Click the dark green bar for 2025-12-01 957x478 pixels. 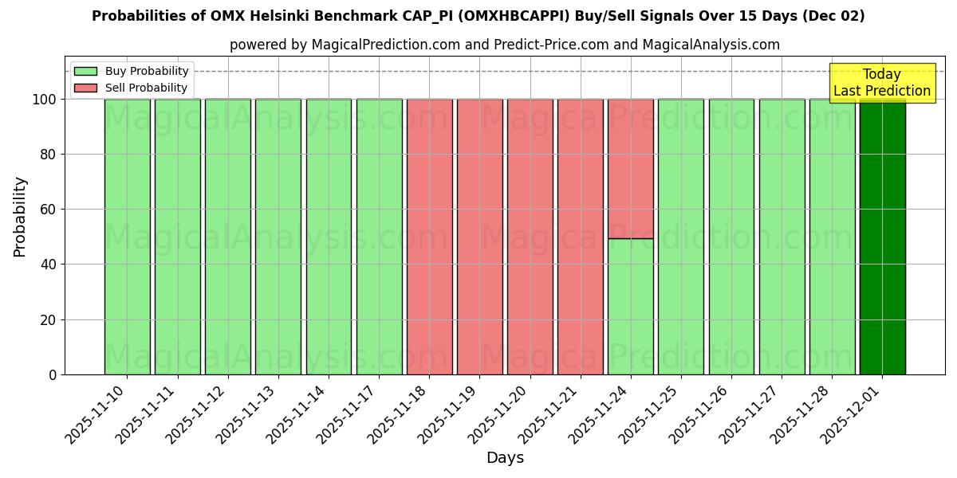882,237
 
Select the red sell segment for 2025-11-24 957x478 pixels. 631,168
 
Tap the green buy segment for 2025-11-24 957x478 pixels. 631,307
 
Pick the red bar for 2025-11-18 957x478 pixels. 429,237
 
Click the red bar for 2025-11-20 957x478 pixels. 530,237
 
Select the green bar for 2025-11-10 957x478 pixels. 127,237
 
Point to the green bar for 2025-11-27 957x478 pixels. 782,237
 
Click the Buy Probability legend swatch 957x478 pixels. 85,72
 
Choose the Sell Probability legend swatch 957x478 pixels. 85,88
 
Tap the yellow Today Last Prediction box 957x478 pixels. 882,83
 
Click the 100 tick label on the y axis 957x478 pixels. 45,100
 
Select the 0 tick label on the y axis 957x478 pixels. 53,374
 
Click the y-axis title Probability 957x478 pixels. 20,216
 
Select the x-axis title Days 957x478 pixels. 505,458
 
